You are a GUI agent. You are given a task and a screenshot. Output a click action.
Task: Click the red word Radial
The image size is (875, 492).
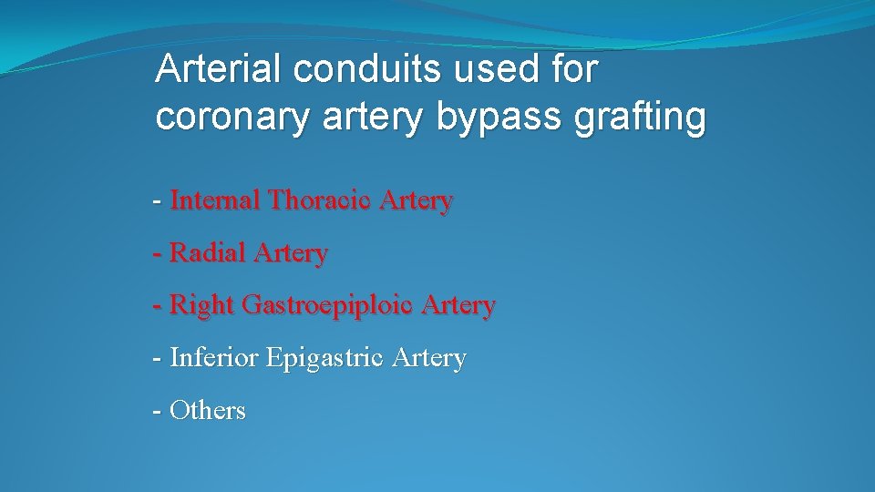204,253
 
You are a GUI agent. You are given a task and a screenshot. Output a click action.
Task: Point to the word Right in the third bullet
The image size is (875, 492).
201,306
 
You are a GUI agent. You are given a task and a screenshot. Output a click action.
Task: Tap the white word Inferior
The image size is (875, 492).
214,358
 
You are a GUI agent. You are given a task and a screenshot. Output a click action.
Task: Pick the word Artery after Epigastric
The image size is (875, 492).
428,359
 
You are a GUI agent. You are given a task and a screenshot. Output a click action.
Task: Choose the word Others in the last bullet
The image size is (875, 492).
208,411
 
